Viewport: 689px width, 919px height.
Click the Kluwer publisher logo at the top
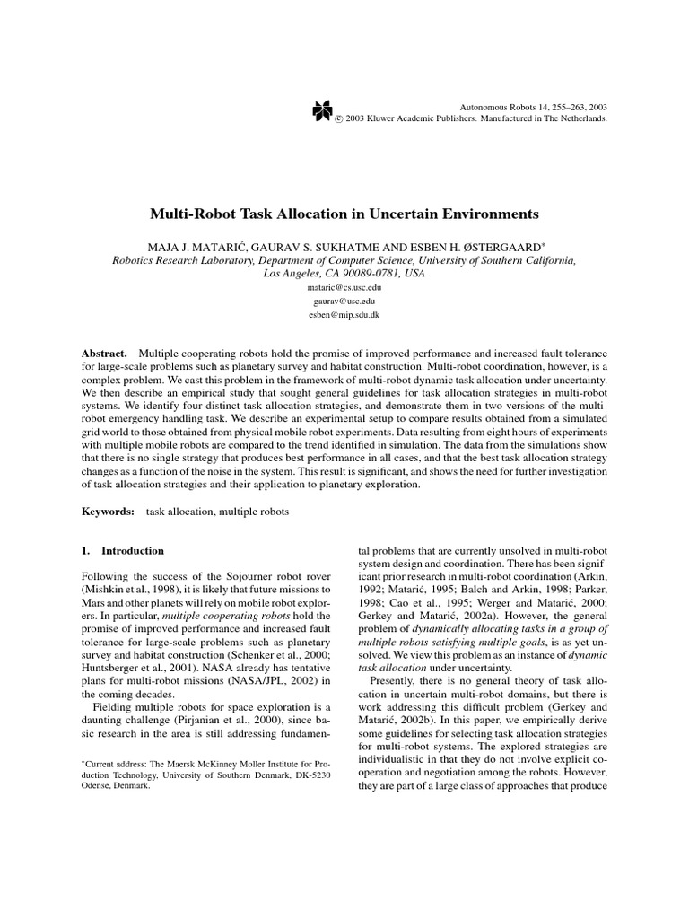pos(322,110)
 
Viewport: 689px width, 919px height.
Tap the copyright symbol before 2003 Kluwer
pos(339,118)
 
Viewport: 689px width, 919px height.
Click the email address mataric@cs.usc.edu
pos(344,288)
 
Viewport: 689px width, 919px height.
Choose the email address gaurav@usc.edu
pos(344,302)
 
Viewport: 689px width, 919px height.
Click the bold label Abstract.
pos(104,354)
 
